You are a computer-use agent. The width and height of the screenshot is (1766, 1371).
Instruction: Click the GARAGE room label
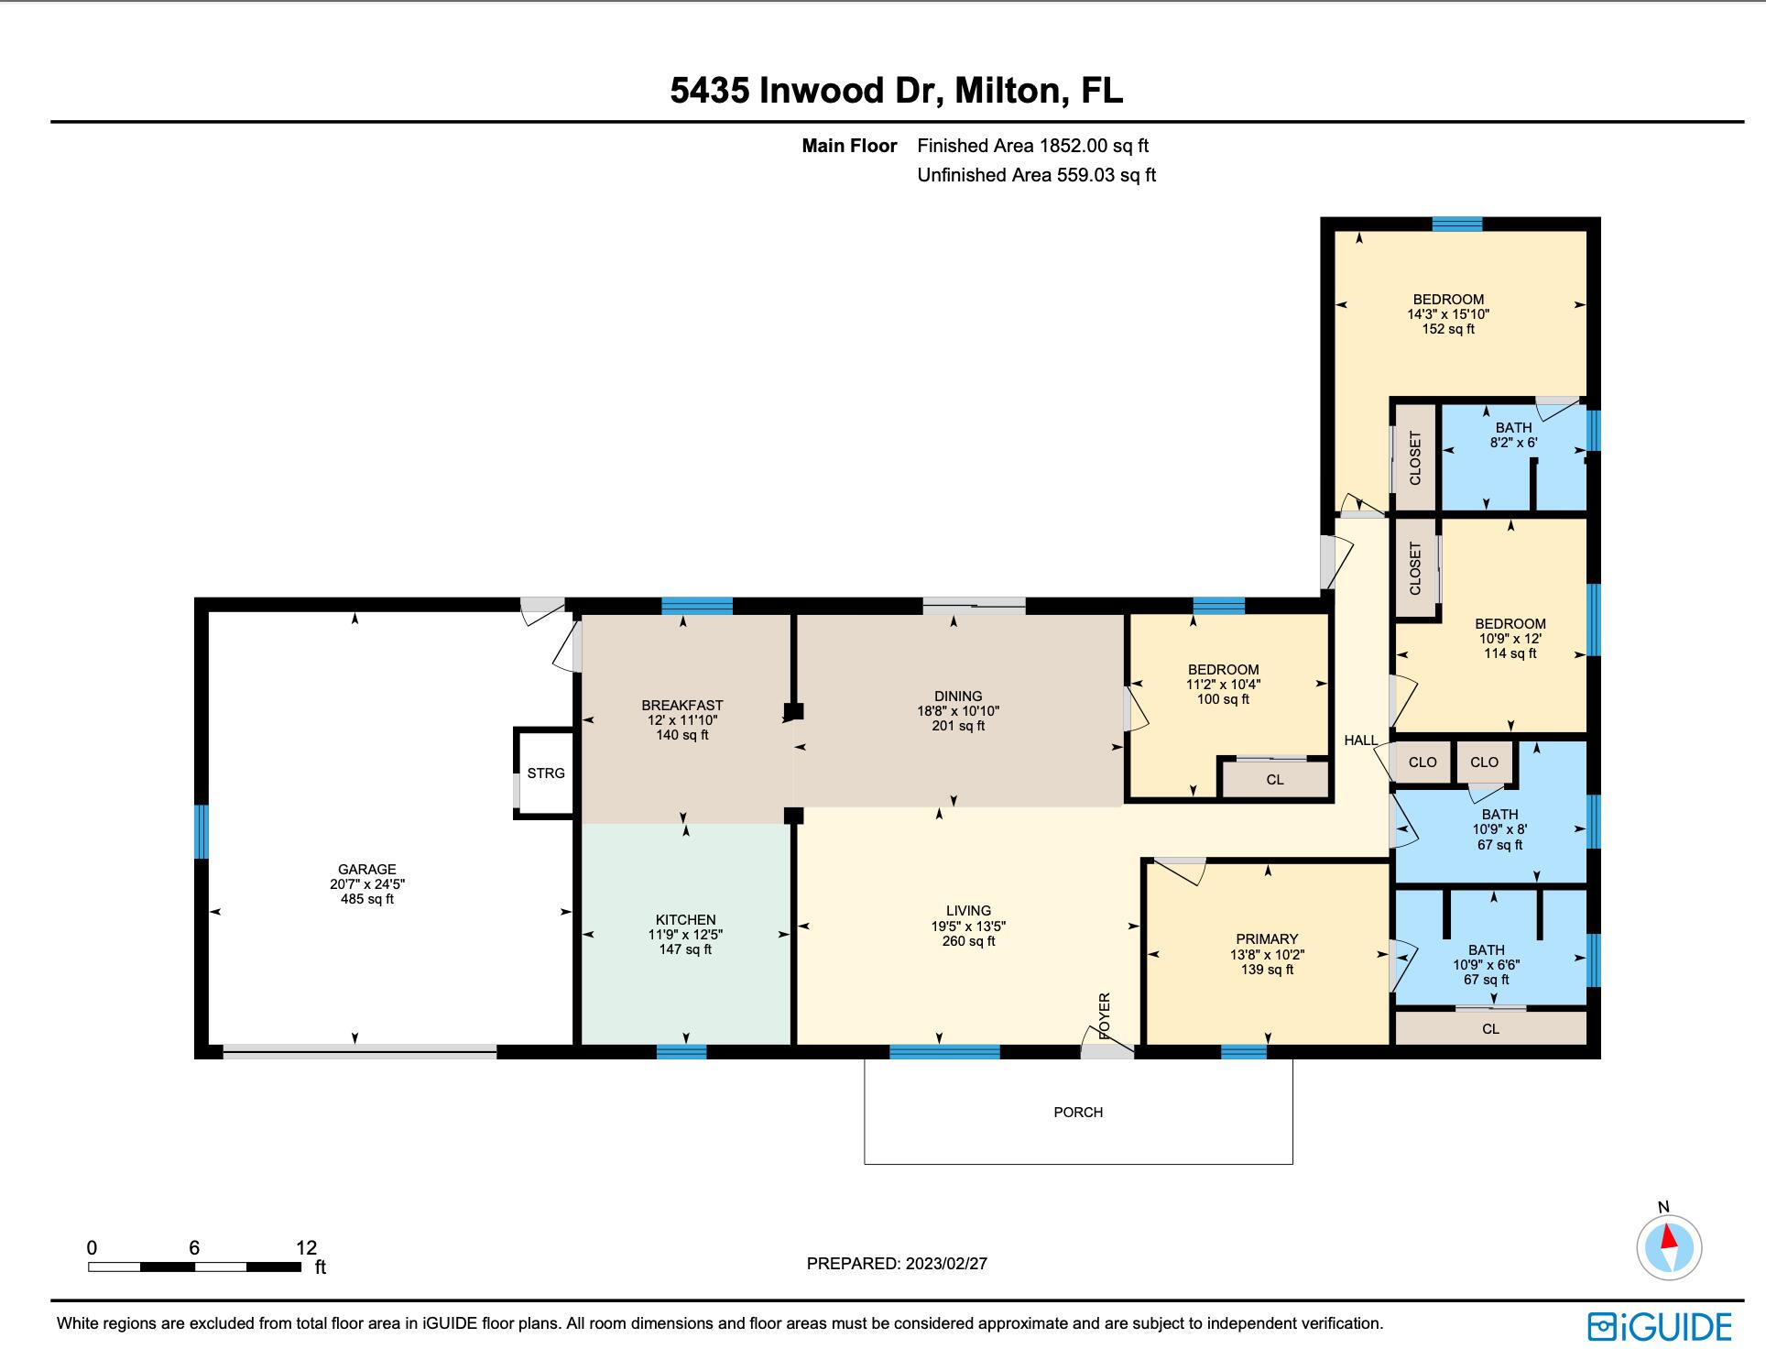pos(366,869)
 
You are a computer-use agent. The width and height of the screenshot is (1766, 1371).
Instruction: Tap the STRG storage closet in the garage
pos(546,773)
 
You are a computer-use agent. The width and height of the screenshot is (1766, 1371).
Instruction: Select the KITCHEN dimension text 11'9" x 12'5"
pos(685,935)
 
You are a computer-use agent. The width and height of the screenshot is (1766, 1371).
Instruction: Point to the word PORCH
pos(1078,1112)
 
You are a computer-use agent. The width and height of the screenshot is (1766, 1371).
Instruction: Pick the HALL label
pos(1360,740)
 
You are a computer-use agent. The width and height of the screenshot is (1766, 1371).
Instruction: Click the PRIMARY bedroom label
pos(1267,938)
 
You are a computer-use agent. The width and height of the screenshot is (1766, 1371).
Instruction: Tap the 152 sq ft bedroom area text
pos(1448,329)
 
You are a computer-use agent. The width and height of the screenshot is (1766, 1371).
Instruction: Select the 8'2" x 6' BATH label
pos(1513,434)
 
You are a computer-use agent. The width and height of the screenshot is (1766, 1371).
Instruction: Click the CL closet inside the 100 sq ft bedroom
pos(1274,780)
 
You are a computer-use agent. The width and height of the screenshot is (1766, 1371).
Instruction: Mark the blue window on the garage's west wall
pos(202,831)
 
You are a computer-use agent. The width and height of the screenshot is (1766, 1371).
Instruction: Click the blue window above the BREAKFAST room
pos(697,605)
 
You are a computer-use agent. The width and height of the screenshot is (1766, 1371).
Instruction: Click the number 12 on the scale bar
pos(306,1246)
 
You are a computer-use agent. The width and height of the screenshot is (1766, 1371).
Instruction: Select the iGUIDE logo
pos(1659,1326)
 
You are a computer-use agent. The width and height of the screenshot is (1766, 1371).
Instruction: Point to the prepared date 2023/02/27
pos(946,1263)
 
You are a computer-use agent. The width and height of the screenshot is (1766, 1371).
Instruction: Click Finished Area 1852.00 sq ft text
pos(1032,145)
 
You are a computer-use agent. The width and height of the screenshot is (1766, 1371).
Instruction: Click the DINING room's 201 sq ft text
pos(958,726)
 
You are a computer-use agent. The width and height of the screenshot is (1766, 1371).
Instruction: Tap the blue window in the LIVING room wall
pos(944,1052)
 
